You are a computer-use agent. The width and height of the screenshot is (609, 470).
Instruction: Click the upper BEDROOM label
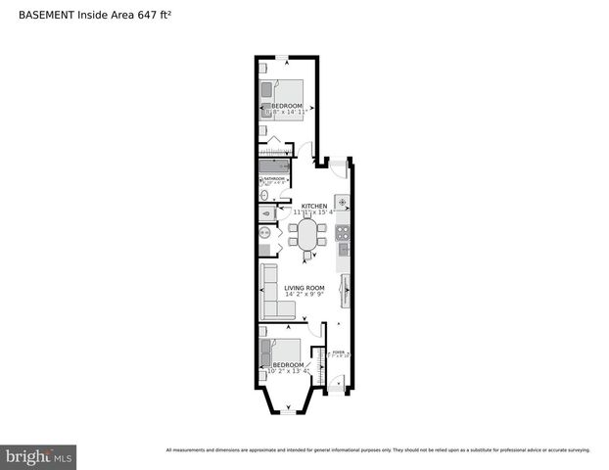(285, 106)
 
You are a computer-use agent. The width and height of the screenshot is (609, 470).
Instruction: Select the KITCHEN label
(313, 206)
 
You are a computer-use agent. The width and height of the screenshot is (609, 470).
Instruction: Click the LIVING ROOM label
(304, 288)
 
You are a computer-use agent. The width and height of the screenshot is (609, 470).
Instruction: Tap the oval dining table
(307, 235)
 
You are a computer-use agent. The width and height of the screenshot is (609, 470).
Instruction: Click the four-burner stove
(343, 233)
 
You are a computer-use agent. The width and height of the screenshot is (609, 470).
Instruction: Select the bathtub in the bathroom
(274, 166)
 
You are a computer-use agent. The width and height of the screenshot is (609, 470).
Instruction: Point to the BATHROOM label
(274, 179)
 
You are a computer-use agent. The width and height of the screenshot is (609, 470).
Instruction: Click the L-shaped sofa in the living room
(274, 294)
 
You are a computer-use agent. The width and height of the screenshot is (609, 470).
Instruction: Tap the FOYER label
(338, 352)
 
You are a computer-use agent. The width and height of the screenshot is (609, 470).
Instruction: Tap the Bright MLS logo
(38, 456)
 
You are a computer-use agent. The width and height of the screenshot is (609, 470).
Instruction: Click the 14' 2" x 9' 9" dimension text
(304, 295)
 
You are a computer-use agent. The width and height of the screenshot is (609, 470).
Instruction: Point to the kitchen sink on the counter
(343, 203)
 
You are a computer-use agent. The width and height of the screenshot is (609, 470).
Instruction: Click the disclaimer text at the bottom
(378, 450)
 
